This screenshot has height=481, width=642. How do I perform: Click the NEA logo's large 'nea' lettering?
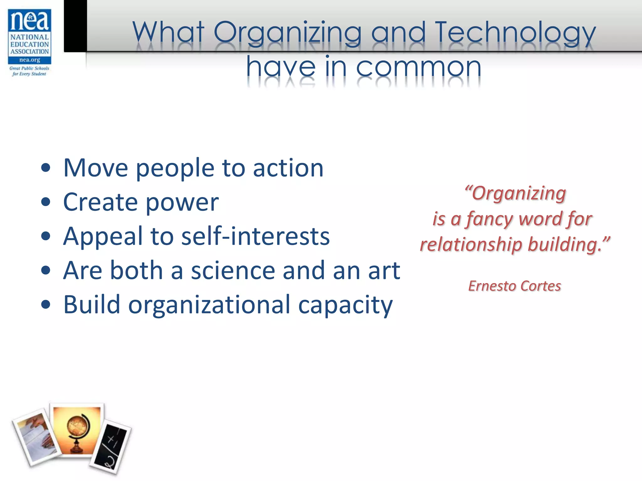click(30, 21)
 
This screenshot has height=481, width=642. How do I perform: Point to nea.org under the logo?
click(30, 60)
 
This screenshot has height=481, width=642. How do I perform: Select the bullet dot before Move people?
click(46, 168)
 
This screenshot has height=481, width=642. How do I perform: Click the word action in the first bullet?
click(288, 168)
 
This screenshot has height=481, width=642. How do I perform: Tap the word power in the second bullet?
click(182, 202)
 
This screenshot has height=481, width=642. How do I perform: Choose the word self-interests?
click(255, 236)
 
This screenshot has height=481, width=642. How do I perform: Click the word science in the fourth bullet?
click(233, 271)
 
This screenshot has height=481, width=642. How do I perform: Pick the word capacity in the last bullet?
click(345, 305)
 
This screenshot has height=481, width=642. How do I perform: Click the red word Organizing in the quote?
click(519, 194)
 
